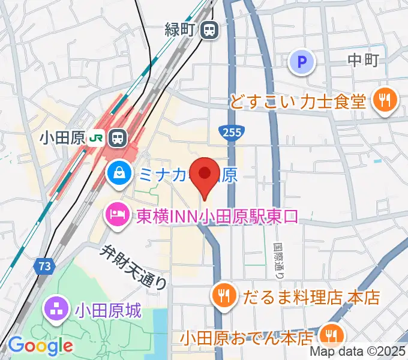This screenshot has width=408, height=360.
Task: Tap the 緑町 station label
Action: point(181,28)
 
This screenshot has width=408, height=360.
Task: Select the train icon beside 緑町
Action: point(209,28)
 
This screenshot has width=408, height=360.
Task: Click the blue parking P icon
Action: point(302,62)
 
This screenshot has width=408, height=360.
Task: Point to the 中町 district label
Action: point(364,60)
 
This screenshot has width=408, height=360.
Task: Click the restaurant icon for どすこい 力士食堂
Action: point(383,98)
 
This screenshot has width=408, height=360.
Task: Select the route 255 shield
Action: point(228,131)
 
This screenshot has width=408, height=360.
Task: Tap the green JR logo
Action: point(96,138)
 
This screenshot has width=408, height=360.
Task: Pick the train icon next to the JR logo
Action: point(118,137)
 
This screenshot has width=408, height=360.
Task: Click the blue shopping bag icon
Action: point(121,174)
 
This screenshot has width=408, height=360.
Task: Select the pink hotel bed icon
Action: point(116,215)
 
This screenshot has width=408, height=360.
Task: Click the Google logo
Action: point(40,345)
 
